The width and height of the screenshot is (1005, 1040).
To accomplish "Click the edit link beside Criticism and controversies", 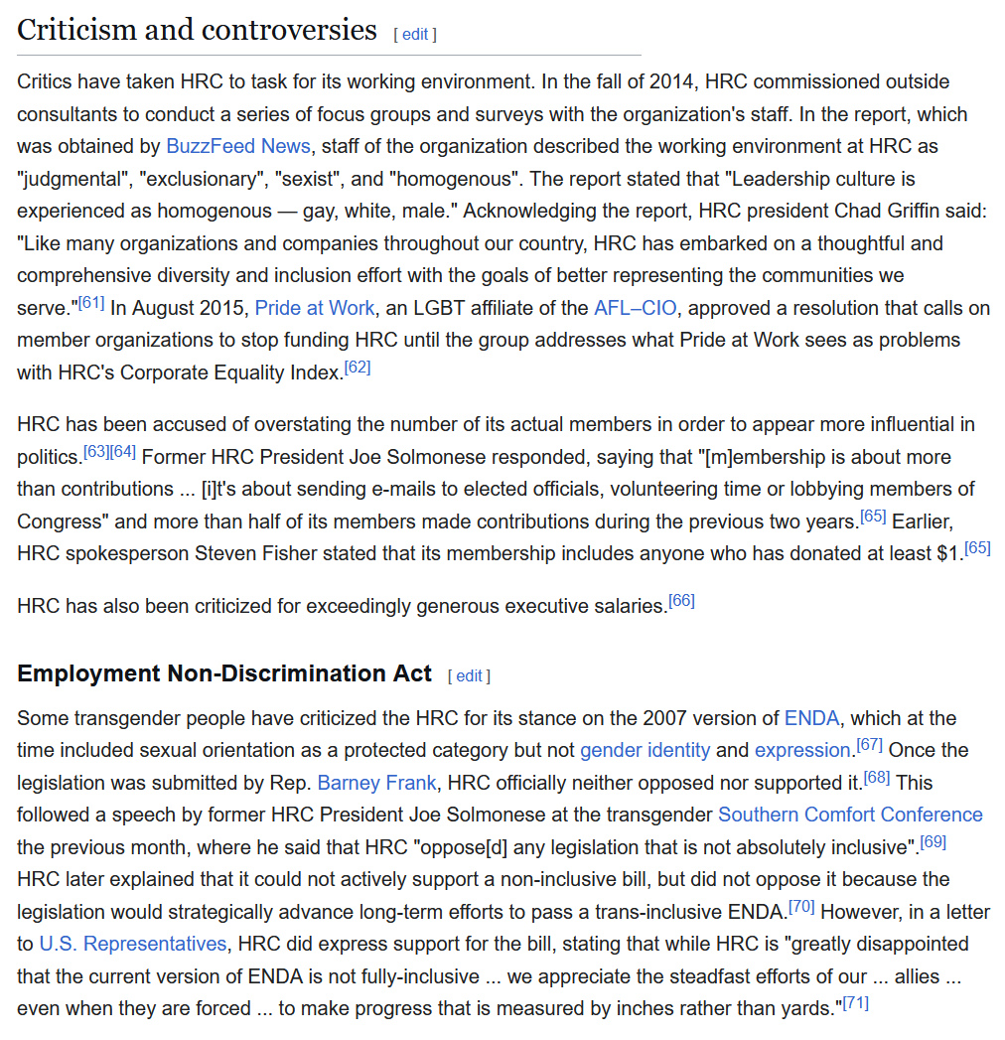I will pos(415,34).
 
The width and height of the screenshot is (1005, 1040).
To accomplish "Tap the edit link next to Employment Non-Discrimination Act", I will pos(469,676).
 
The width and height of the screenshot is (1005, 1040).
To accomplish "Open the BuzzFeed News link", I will pos(238,146).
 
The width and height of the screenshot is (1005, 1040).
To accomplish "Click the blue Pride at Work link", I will pos(315,308).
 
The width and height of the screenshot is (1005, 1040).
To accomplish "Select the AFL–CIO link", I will pos(634,308).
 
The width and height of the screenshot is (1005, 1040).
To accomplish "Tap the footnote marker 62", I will pos(357,368).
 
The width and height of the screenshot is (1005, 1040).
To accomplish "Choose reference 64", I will pos(123,452).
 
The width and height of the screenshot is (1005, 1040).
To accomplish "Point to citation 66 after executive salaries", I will pos(681,600).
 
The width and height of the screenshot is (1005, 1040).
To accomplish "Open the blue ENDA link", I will pos(811,718).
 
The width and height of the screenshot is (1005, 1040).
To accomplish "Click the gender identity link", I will pos(645,750).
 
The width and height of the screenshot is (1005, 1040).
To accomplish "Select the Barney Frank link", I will pos(376,783).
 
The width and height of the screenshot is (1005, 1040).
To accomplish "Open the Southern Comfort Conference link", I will pos(850,815).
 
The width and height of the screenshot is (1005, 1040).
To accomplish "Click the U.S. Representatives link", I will pos(133,944).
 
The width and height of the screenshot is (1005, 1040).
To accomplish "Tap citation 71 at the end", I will pos(855,1003).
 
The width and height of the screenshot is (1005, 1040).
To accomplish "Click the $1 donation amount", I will pos(948,553).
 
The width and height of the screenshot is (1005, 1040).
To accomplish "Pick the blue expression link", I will pos(802,750).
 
